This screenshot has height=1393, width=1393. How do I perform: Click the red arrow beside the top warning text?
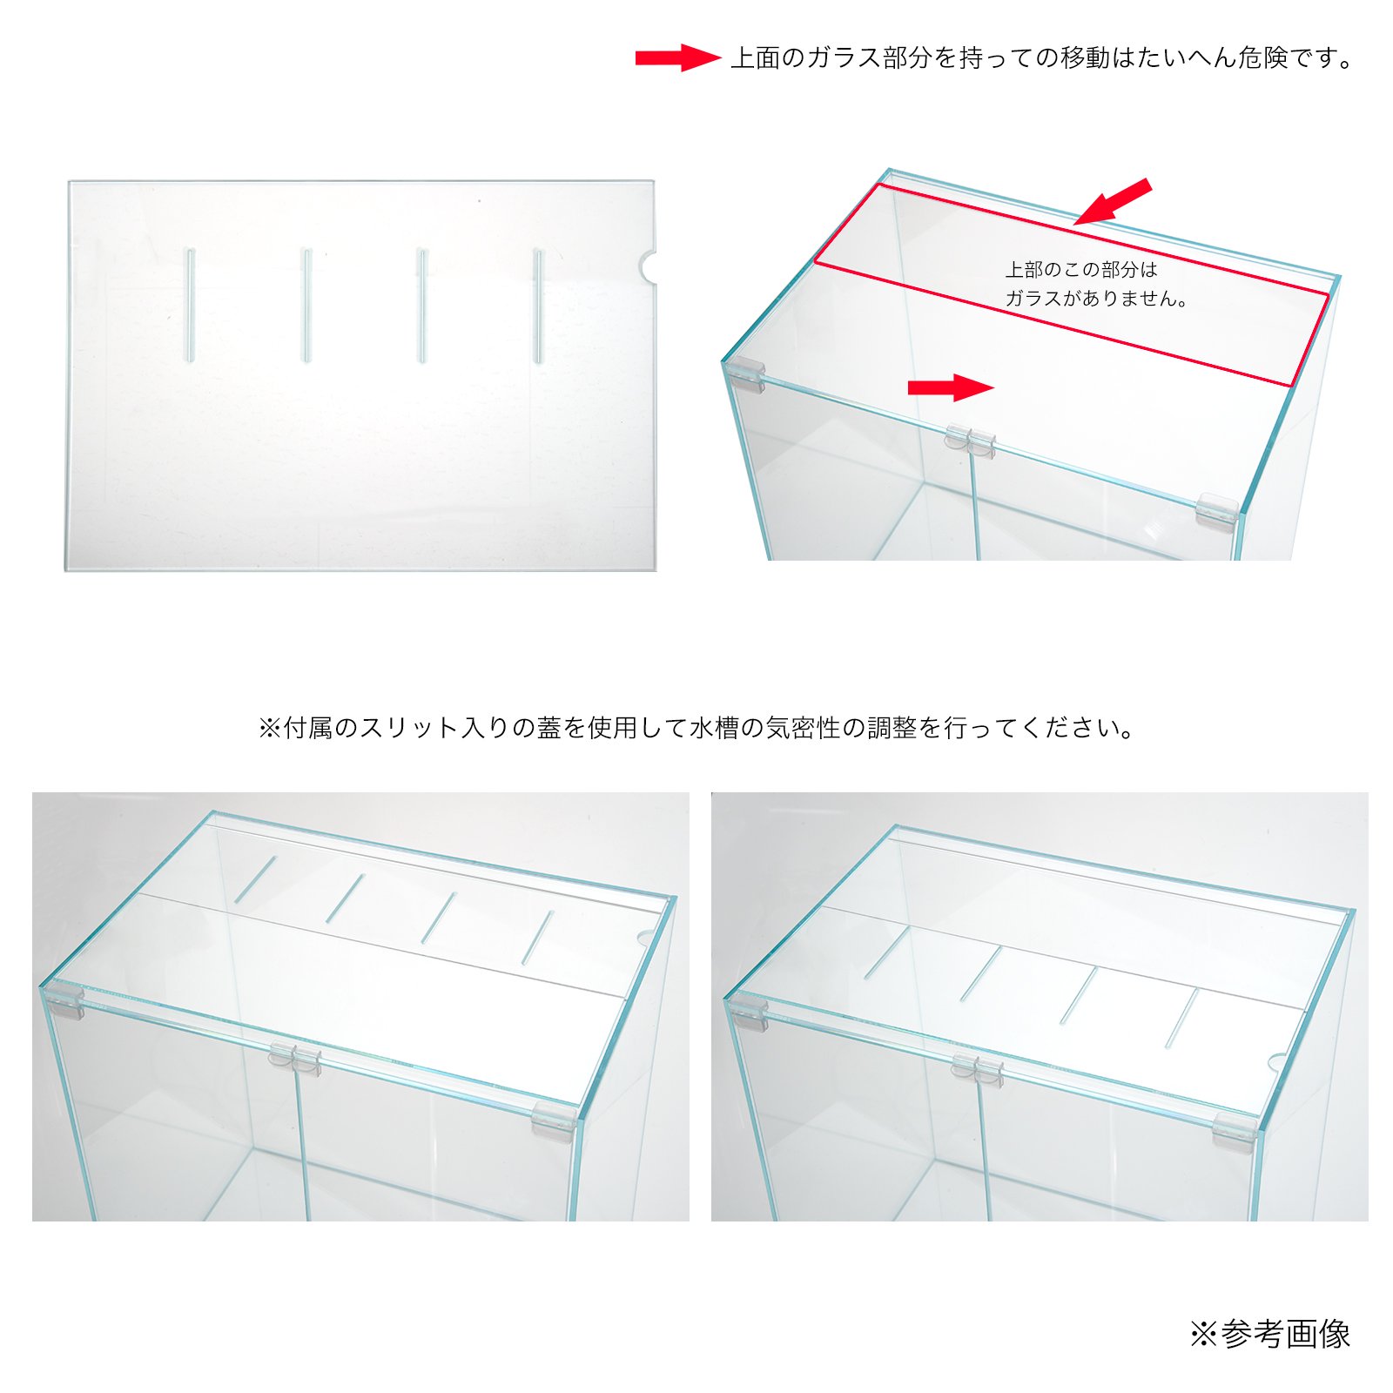(677, 57)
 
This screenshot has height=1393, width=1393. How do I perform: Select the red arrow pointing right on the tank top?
(950, 387)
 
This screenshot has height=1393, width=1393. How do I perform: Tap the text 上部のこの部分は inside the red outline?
(1080, 270)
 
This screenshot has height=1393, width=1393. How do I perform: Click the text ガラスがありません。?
(1096, 299)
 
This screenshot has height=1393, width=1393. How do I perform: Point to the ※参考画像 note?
(1270, 1334)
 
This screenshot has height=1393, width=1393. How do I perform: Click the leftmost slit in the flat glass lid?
(190, 305)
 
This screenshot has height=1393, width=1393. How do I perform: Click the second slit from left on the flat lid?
(306, 305)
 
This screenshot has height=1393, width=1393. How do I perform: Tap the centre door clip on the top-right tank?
(970, 439)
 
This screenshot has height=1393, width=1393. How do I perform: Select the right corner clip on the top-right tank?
(1216, 508)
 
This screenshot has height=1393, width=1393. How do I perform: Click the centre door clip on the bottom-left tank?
(295, 1058)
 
